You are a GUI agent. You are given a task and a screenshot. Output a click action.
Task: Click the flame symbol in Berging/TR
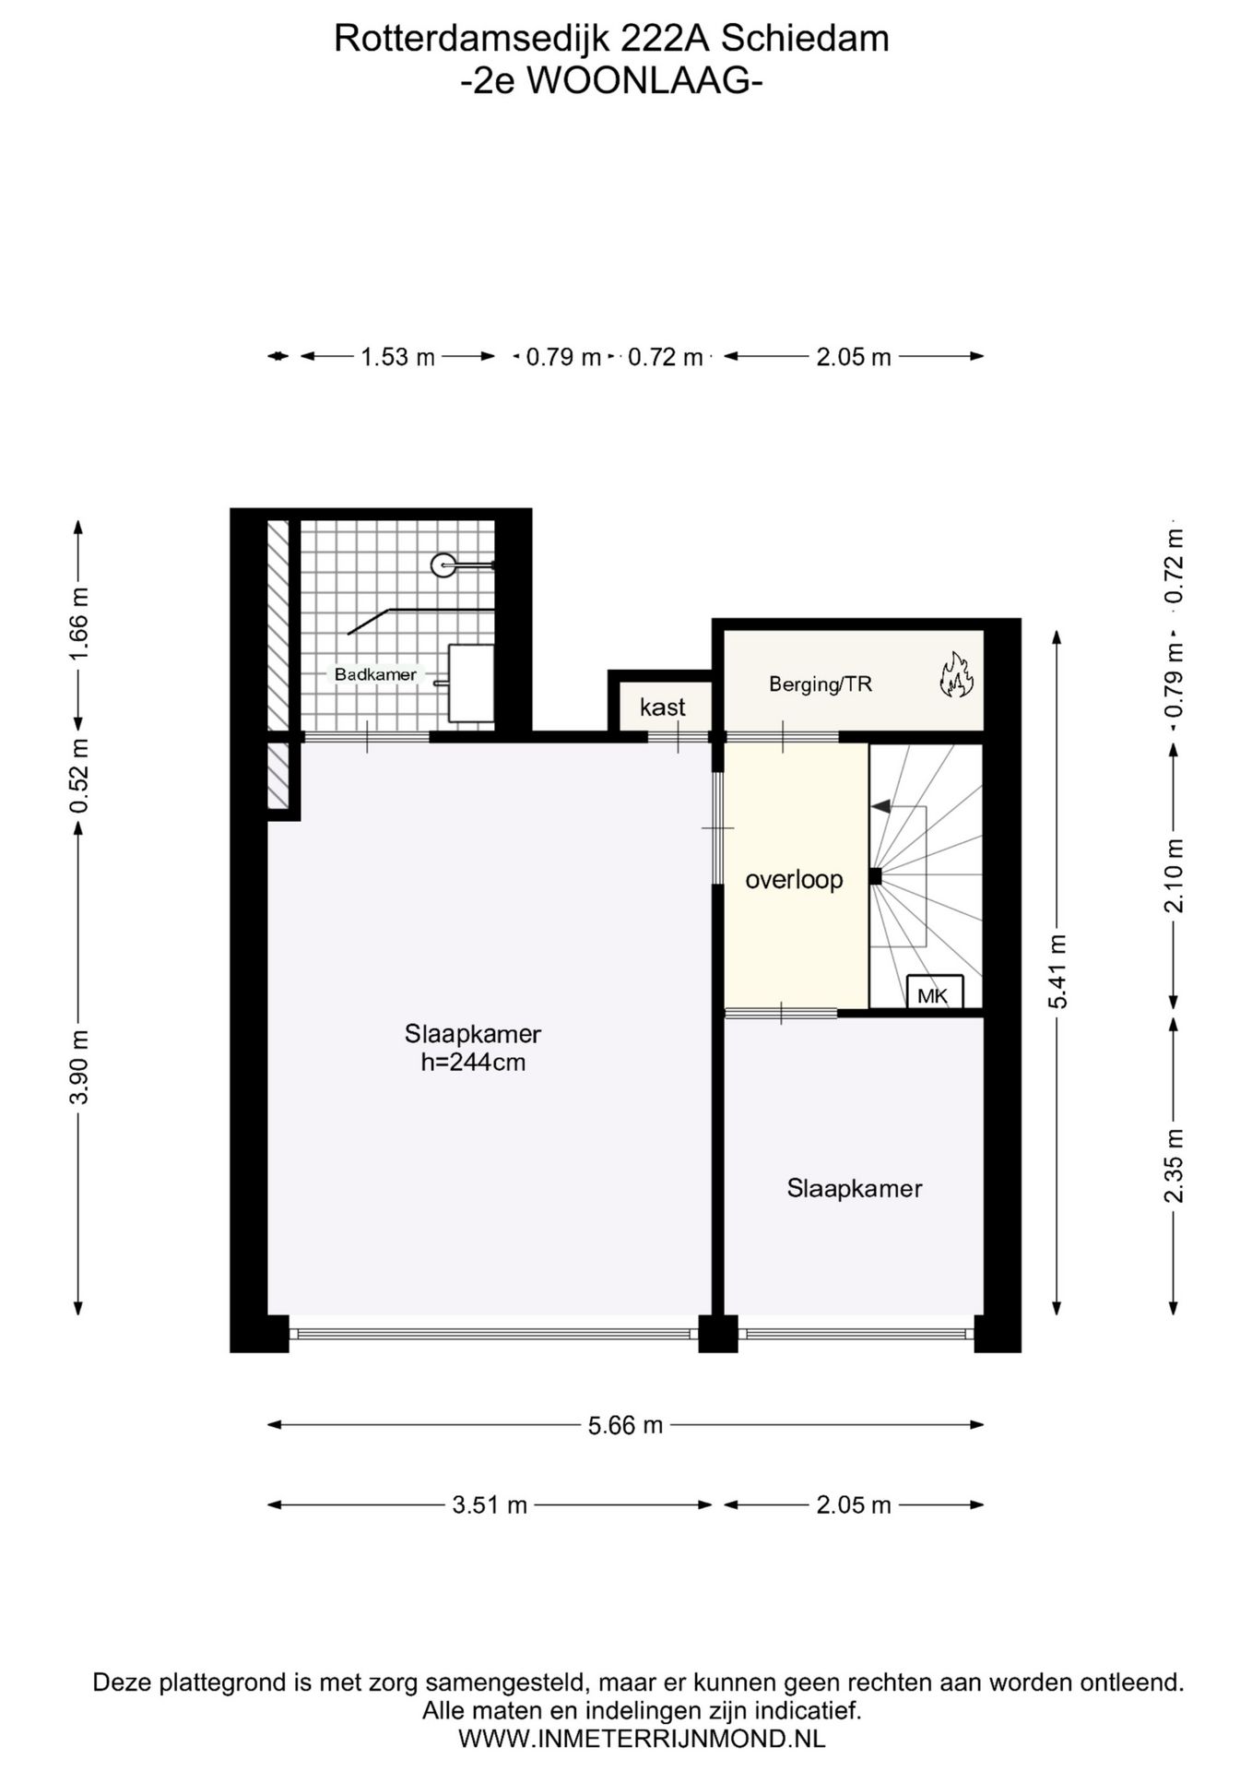(956, 674)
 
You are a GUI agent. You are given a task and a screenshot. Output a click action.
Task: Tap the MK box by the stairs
(935, 992)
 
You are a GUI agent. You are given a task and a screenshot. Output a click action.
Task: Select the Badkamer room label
(375, 674)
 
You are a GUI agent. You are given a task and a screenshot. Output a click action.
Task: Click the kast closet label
(662, 707)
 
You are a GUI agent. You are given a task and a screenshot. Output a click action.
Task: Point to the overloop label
(794, 879)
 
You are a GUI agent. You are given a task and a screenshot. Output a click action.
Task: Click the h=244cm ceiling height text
(473, 1063)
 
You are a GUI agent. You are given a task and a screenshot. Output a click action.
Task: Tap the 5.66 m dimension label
(626, 1425)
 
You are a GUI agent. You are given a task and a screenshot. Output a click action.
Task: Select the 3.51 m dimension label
(490, 1505)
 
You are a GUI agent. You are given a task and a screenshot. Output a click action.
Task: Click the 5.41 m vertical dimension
(1057, 971)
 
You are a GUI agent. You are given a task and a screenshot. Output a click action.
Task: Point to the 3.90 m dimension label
(79, 1067)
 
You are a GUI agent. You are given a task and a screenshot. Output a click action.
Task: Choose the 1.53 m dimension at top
(397, 357)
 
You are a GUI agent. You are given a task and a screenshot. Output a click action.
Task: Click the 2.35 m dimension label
(1174, 1166)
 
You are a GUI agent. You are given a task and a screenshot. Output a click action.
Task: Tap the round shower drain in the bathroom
(443, 565)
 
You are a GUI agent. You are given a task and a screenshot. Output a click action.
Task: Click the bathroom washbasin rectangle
(471, 683)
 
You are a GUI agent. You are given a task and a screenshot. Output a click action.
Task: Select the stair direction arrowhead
(881, 807)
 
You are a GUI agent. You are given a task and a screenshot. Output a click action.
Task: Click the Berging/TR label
(821, 684)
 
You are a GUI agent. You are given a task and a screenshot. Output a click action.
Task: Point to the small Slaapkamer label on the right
(855, 1188)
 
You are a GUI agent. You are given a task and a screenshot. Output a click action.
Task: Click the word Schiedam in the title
(805, 39)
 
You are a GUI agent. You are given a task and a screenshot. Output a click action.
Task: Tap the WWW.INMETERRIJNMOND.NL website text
(642, 1740)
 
